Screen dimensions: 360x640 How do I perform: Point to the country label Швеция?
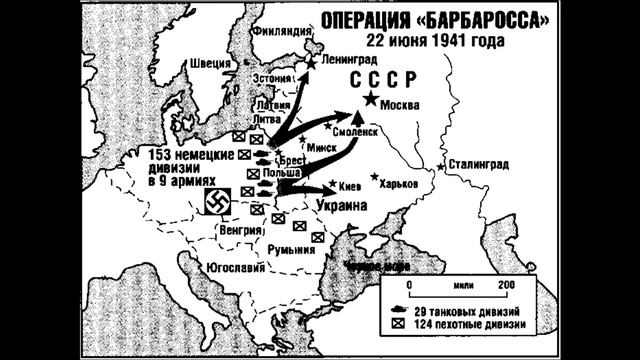pyautogui.click(x=207, y=65)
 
